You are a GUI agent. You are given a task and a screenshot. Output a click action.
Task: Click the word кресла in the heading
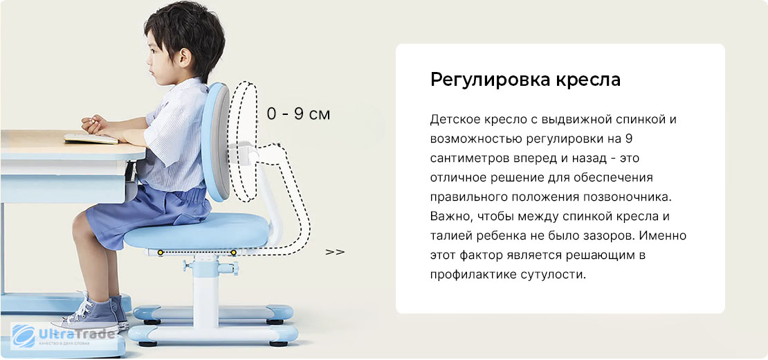pos(587,80)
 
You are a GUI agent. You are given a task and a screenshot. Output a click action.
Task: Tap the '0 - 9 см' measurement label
pos(298,114)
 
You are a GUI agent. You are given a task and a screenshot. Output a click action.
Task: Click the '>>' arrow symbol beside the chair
pos(335,252)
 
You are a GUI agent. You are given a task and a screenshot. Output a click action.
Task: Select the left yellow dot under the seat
pos(161,252)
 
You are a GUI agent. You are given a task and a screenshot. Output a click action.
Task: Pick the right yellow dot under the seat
pos(234,252)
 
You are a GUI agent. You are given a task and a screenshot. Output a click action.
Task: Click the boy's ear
pos(185,58)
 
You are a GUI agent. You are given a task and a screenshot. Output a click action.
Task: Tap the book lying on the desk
pos(91,138)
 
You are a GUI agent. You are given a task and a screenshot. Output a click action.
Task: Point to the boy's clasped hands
pos(95,125)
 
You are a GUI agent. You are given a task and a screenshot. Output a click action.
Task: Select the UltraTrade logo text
pos(77,334)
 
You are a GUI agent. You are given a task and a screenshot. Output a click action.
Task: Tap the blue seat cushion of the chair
pos(196,232)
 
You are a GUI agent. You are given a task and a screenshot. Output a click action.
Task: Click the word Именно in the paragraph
pos(664,235)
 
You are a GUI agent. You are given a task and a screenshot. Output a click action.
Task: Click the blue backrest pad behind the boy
pos(216,142)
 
